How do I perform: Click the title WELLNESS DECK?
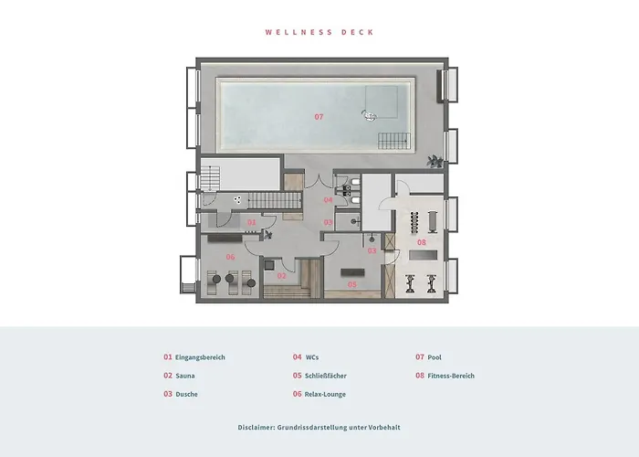[x=319, y=32]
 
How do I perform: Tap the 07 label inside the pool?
[x=319, y=116]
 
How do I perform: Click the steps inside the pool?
[x=394, y=140]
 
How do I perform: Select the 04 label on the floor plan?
[x=328, y=199]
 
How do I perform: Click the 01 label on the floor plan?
[x=252, y=222]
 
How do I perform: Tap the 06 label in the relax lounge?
[x=231, y=257]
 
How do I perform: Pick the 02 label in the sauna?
[x=282, y=275]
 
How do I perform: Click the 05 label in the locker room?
[x=352, y=283]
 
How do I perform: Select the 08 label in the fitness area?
[x=421, y=242]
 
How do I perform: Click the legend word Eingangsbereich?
[x=199, y=357]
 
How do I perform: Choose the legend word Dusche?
[x=186, y=394]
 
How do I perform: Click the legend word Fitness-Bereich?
[x=451, y=376]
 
